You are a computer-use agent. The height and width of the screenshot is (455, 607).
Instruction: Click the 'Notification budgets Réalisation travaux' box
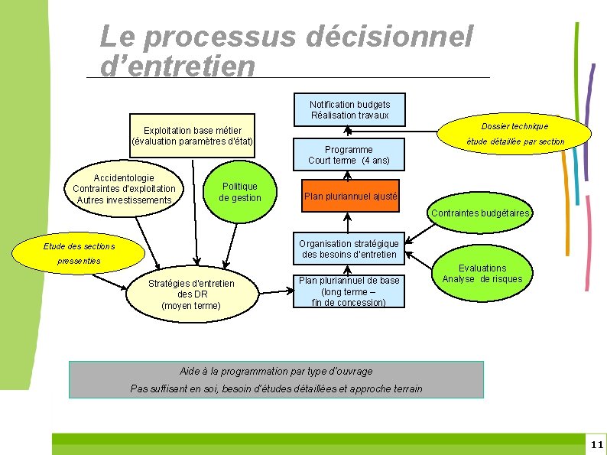349,110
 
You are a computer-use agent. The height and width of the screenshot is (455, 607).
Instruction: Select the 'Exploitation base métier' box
192,136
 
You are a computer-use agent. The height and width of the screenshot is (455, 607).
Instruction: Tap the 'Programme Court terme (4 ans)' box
349,155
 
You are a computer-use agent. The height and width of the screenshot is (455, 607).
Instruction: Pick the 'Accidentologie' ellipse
124,189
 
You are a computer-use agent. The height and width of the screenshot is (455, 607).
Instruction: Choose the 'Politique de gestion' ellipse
239,192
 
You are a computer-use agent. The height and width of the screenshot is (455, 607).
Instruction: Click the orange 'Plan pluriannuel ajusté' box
350,197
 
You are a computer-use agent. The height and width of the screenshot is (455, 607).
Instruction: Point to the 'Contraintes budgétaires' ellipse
479,213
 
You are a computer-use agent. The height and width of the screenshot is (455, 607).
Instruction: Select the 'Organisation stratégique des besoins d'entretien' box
349,249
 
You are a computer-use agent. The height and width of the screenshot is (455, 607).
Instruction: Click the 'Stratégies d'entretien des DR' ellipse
191,294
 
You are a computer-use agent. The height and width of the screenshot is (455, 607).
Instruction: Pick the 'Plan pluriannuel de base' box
349,291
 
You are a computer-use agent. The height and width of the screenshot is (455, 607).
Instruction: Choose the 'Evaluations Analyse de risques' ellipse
482,274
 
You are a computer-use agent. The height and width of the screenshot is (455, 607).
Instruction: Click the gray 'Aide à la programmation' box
276,380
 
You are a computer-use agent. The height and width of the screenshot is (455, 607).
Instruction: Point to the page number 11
596,444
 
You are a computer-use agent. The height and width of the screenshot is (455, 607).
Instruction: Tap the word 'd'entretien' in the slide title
177,66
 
